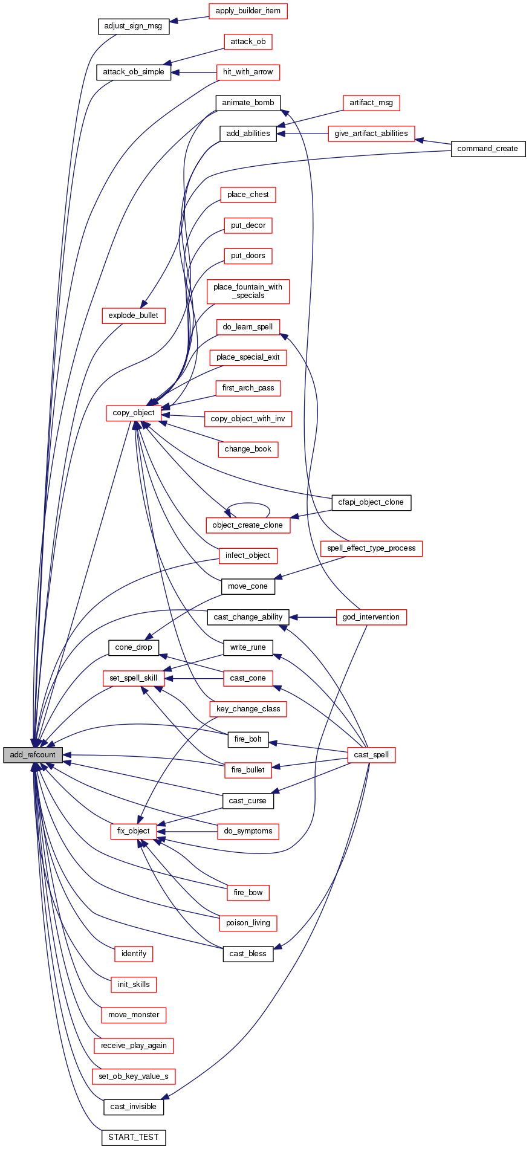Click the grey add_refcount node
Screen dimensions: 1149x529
33,755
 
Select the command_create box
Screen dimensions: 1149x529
488,149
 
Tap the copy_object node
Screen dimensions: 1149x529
134,413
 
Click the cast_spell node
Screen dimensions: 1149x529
371,755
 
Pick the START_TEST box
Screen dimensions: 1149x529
133,1137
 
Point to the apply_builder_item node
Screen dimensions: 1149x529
248,11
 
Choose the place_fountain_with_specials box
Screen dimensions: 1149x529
248,291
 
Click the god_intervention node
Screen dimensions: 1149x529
371,617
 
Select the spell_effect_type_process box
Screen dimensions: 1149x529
371,548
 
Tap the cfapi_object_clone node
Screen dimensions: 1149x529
371,502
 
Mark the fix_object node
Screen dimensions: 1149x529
134,831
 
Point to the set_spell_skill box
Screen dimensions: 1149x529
134,678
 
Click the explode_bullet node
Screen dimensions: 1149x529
134,316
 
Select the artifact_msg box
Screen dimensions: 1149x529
371,103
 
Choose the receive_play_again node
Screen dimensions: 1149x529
134,1046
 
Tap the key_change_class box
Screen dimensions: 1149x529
248,709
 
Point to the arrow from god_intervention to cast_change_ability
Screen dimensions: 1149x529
312,617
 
